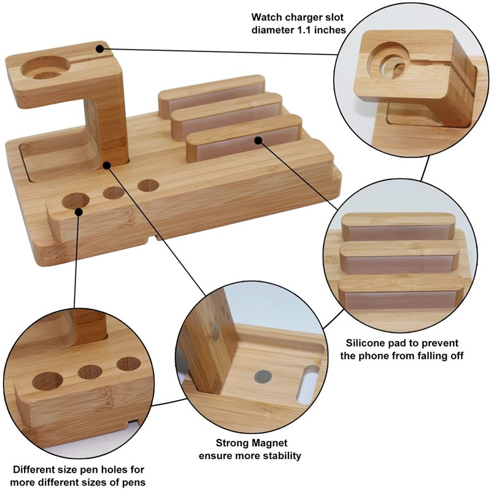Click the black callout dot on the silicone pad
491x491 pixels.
(259, 141)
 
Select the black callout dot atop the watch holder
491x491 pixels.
(100, 45)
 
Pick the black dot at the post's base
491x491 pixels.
(107, 164)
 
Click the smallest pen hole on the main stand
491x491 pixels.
(148, 185)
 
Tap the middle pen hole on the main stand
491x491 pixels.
(114, 193)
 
